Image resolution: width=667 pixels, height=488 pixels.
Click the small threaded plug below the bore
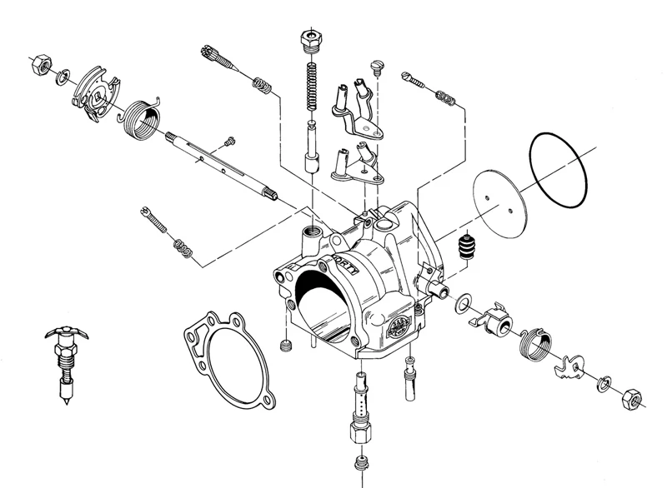pos(287,346)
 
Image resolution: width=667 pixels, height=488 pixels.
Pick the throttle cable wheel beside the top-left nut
pos(93,92)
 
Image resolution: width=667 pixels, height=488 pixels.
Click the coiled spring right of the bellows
pos(534,341)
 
